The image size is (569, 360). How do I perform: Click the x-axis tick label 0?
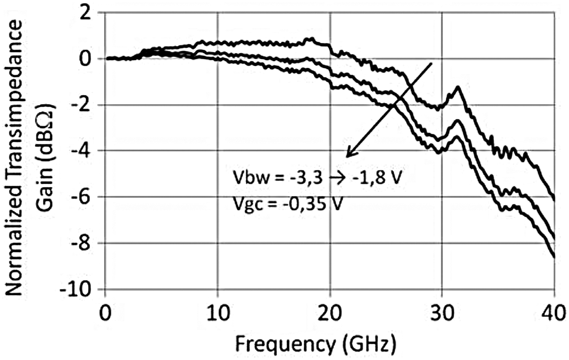click(106, 314)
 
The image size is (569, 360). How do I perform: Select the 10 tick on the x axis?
click(218, 314)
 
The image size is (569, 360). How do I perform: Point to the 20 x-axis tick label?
click(330, 314)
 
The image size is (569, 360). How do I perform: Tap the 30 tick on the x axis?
click(442, 314)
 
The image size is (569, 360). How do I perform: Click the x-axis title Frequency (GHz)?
click(315, 344)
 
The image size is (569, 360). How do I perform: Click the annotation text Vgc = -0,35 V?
click(287, 203)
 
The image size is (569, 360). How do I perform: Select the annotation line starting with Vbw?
click(317, 177)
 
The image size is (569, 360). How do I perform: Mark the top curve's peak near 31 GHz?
click(458, 87)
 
